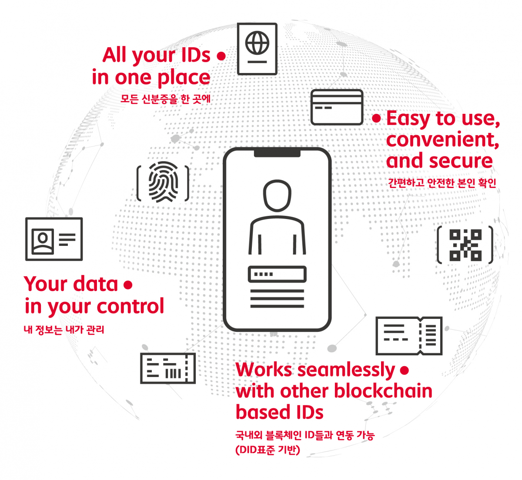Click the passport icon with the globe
(x=257, y=49)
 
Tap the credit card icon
(x=337, y=107)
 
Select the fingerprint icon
(x=163, y=182)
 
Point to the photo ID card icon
(x=54, y=239)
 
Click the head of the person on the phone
(x=277, y=195)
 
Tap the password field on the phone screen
(x=277, y=274)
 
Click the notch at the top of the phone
(x=277, y=153)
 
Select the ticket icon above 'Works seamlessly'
(x=409, y=335)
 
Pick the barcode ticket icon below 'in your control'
(x=168, y=368)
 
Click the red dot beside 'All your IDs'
(x=221, y=56)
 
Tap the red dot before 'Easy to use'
(x=376, y=119)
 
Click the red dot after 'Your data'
(x=128, y=285)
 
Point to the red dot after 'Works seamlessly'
(x=405, y=371)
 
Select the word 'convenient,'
(x=442, y=140)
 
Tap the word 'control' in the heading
(x=130, y=306)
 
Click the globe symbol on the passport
(x=257, y=43)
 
